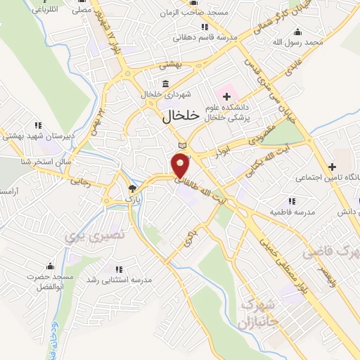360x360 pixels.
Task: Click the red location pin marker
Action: (x=181, y=165)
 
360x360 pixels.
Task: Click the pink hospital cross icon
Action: (x=226, y=95)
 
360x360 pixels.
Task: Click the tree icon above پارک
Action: (x=131, y=188)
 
